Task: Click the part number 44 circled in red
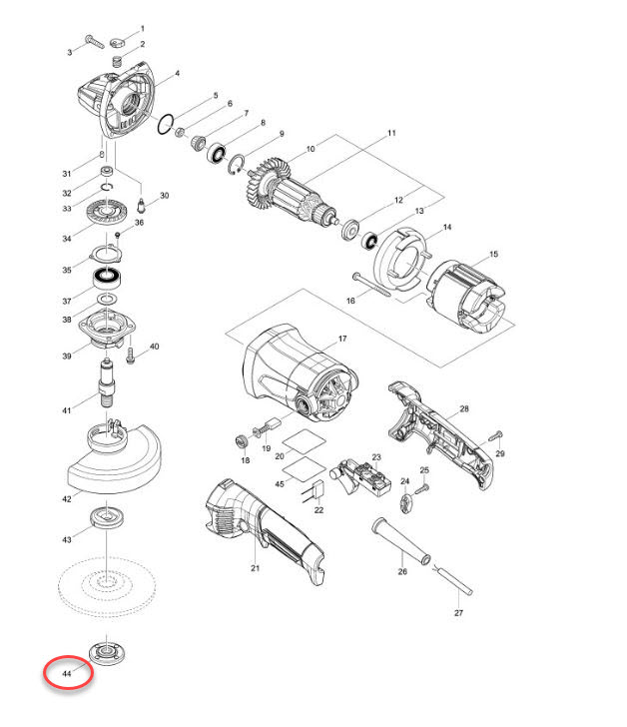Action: click(x=68, y=675)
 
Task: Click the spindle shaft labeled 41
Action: click(x=106, y=384)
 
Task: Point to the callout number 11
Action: click(x=391, y=134)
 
